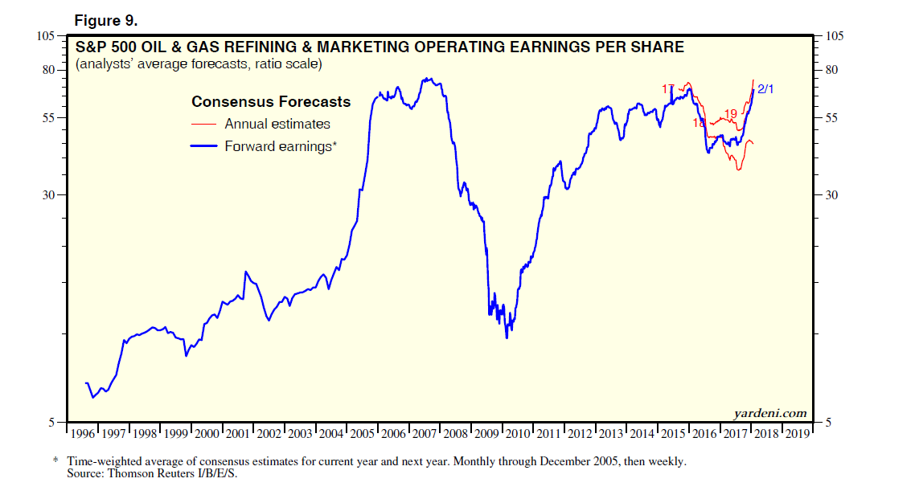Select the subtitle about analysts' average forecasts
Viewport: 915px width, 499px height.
[x=199, y=64]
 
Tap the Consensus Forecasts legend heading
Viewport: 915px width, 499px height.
[x=271, y=102]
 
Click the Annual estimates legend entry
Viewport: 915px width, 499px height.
[x=277, y=124]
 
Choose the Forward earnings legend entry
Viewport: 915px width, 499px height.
[x=281, y=146]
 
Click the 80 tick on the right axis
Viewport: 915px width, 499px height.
[x=833, y=70]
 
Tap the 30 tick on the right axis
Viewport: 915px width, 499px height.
[x=833, y=195]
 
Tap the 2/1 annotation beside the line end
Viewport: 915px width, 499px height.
[x=765, y=88]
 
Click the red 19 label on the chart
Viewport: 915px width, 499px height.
[x=731, y=113]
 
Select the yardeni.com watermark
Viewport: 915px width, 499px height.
[x=769, y=413]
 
